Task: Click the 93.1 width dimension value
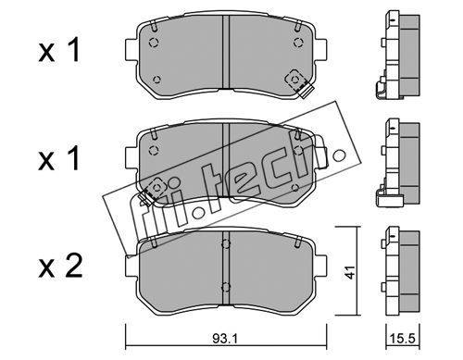[225, 339]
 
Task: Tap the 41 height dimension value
[350, 272]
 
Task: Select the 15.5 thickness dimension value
[403, 339]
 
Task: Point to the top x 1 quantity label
[59, 49]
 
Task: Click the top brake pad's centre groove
[226, 52]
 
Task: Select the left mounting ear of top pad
[131, 49]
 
